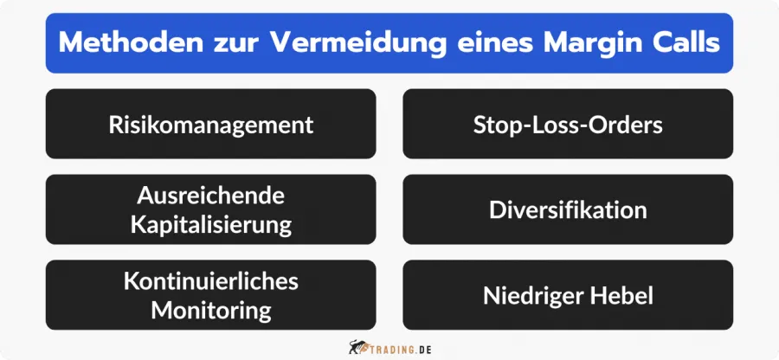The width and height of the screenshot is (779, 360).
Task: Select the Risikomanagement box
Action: point(210,124)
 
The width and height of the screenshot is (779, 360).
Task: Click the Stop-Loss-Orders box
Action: point(568,124)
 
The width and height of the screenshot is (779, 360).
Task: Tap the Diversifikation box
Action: point(568,209)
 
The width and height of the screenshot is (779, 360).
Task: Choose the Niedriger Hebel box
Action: point(568,295)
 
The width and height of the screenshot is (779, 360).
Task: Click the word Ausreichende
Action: point(210,195)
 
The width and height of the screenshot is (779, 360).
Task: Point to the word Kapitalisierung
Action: point(210,224)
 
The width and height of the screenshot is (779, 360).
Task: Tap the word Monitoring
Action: point(210,310)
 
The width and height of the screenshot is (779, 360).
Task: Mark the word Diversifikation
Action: point(568,209)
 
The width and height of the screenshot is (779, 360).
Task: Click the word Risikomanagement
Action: point(210,124)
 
